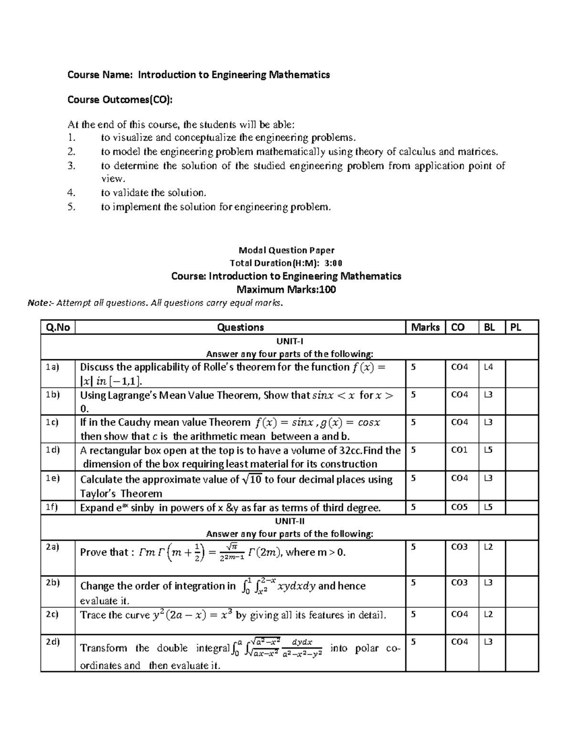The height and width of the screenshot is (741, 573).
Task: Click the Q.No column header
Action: pyautogui.click(x=58, y=327)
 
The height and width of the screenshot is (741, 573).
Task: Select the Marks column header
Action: pyautogui.click(x=425, y=327)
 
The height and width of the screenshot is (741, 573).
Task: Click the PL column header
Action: pyautogui.click(x=516, y=327)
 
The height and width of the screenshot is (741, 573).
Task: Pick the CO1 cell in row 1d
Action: pyautogui.click(x=459, y=450)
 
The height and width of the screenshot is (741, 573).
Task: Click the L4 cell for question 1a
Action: pyautogui.click(x=488, y=367)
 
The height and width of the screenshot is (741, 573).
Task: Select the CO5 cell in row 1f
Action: pyautogui.click(x=459, y=507)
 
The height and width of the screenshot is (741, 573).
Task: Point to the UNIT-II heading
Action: pyautogui.click(x=289, y=521)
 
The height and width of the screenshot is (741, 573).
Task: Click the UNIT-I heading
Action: pyautogui.click(x=289, y=341)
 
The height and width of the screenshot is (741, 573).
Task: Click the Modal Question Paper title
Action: pyautogui.click(x=286, y=250)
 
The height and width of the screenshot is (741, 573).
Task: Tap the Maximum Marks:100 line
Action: pyautogui.click(x=286, y=290)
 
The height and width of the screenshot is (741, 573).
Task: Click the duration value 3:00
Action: pyautogui.click(x=333, y=263)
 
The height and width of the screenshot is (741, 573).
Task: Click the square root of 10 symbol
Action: pyautogui.click(x=252, y=480)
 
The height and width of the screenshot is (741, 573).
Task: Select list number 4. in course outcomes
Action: pyautogui.click(x=72, y=193)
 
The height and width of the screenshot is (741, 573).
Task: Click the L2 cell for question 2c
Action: pyautogui.click(x=488, y=614)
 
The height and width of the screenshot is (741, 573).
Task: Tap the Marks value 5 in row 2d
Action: pyautogui.click(x=414, y=642)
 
